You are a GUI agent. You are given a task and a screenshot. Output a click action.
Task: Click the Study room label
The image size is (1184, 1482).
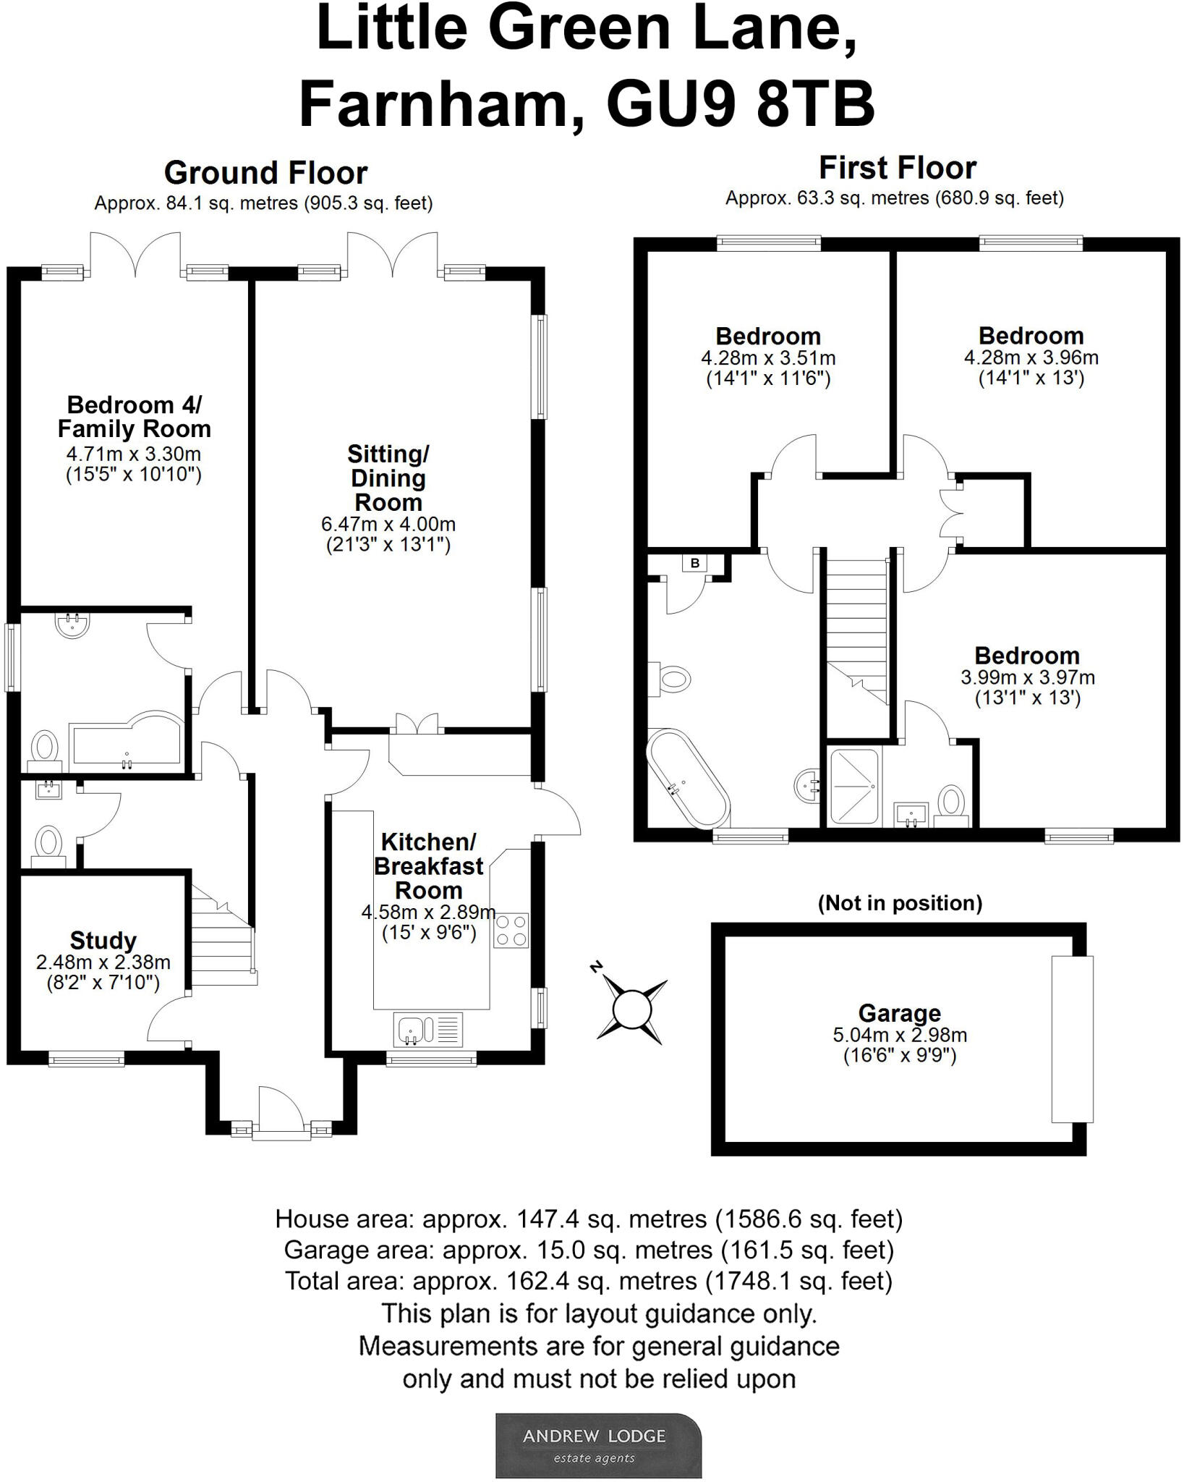point(103,940)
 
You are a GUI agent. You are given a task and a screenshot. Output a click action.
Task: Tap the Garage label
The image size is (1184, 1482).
point(899,1012)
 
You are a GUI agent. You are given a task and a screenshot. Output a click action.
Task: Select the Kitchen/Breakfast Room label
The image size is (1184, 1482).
point(428,865)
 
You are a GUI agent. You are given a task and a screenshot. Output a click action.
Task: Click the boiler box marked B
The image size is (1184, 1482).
point(695,563)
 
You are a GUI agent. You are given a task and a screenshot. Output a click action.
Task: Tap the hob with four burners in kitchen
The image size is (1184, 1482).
point(511,931)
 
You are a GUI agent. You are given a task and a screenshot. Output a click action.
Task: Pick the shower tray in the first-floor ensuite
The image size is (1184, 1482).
point(853,787)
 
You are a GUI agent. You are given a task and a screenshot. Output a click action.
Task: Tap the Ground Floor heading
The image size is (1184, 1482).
point(265,173)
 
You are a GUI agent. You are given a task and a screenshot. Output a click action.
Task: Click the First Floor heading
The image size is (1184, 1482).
point(897,168)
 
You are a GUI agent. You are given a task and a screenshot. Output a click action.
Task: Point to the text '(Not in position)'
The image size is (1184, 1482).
point(900,902)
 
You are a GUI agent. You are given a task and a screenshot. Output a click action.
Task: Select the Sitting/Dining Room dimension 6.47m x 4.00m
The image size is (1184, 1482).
point(388,524)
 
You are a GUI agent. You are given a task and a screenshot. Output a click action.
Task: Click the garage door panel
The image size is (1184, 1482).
point(1072,1039)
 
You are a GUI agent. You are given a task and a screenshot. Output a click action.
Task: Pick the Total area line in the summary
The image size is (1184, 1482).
point(589,1281)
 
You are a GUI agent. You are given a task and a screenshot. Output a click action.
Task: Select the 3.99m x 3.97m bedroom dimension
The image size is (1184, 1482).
point(1027,677)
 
